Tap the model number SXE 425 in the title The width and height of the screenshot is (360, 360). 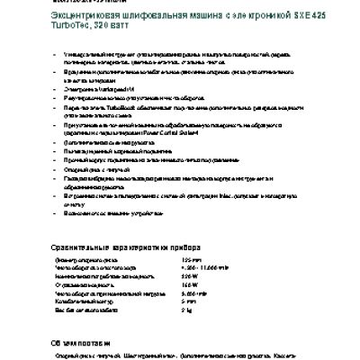(x=258, y=15)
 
